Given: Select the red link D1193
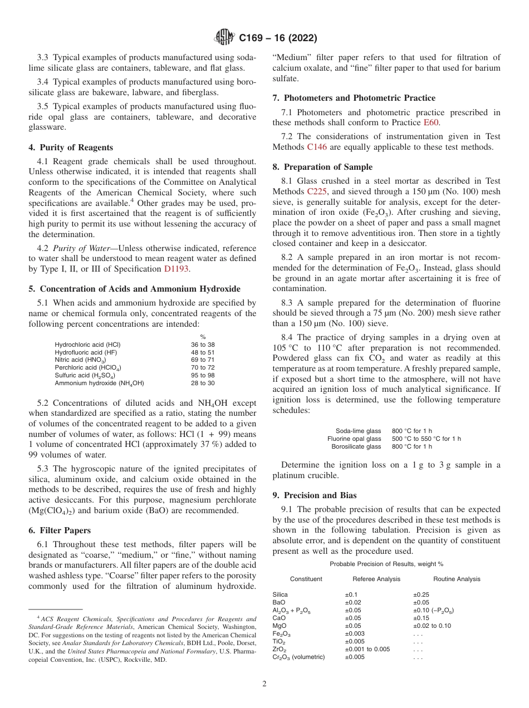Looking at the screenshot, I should click(x=176, y=269).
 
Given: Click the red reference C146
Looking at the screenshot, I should click(x=316, y=147).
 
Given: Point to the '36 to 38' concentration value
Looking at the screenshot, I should click(x=203, y=345).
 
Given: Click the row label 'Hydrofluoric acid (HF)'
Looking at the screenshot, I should click(x=86, y=352).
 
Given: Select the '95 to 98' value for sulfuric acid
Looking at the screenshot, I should click(x=203, y=375).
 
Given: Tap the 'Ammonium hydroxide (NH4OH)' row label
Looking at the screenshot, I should click(x=99, y=383).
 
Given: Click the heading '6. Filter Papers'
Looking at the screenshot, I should click(x=60, y=530).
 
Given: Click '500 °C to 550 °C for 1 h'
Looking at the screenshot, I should click(x=427, y=439).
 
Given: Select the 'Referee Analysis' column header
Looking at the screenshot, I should click(x=376, y=579).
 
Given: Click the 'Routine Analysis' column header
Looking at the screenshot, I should click(x=457, y=579).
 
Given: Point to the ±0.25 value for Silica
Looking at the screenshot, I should click(x=420, y=594).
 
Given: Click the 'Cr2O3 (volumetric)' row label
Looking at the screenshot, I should click(x=298, y=657).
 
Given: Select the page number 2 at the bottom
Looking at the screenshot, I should click(x=264, y=684).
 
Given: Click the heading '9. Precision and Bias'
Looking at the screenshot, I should click(x=315, y=495).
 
